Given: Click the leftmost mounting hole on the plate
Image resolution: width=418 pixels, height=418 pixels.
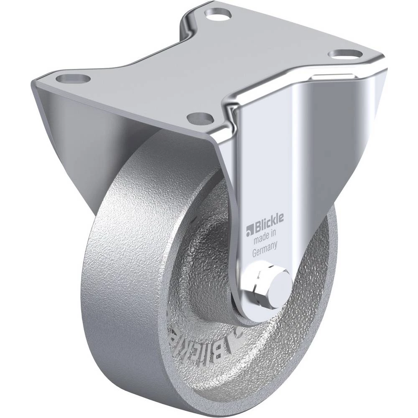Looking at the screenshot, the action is (x=73, y=79).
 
